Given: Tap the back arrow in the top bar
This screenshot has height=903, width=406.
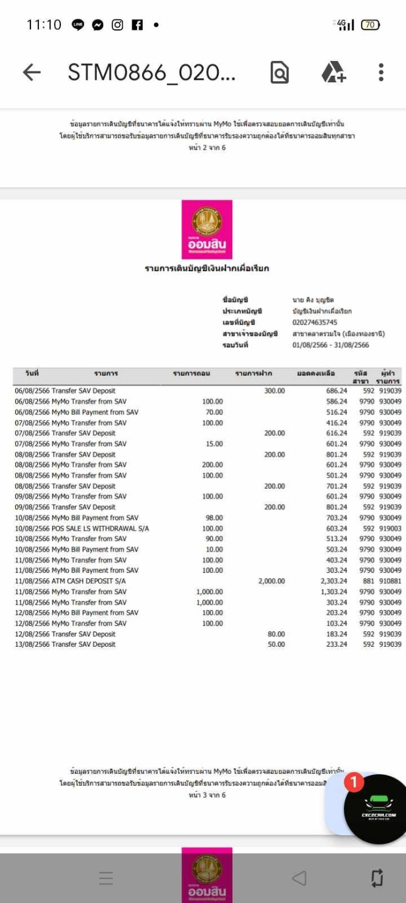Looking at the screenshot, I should coord(32,73).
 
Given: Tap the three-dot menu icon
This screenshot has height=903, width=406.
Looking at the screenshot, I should coord(381,73).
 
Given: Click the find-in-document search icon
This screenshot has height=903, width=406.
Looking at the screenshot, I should coord(279,73).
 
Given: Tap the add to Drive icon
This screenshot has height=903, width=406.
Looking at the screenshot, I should coord(333,73).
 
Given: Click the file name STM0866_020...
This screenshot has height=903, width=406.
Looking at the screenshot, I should coord(152,73).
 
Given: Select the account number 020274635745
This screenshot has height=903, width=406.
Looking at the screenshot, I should coord(315,322).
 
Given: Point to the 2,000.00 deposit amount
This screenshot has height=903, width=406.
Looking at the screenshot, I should coord(271,581).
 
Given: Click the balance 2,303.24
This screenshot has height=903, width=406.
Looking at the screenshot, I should coord(333,581).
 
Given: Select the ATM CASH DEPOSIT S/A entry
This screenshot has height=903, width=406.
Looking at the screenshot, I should coord(70,581).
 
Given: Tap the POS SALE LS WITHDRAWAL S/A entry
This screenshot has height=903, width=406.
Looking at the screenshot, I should coord(82,528).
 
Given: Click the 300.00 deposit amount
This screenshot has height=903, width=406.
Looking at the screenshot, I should coord(274,390).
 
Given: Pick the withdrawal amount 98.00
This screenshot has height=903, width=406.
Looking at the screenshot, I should coord(214,517).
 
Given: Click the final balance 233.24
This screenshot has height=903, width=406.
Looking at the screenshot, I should coord(336,644).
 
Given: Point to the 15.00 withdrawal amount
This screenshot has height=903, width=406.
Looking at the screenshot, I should coord(214,444).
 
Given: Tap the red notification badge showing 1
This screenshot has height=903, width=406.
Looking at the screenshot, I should coord(354,782).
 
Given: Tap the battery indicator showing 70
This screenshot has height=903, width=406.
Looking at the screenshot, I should coord(370,25).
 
